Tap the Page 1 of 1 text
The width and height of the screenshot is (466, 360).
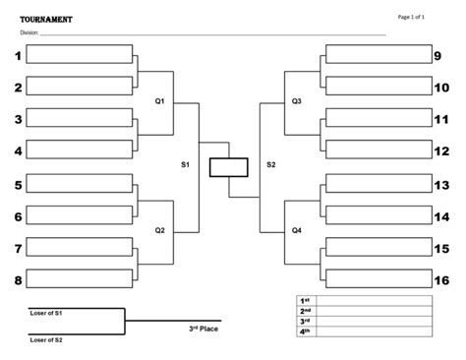[x=410, y=17]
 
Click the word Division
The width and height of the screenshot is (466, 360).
[x=28, y=32]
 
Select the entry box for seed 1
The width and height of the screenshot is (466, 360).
[x=79, y=55]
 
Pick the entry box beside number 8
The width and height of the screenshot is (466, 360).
[x=79, y=279]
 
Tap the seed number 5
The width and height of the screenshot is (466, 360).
[x=17, y=184]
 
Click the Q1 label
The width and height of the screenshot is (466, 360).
[x=160, y=101]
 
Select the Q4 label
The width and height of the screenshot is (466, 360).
[x=296, y=230]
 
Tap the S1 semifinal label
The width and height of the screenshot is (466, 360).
[x=185, y=165]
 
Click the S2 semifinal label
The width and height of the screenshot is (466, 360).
[x=270, y=165]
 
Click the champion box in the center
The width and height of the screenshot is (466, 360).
[x=228, y=167]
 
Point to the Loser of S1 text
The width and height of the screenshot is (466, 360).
[x=45, y=312]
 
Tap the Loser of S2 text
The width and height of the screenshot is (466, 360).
[x=45, y=339]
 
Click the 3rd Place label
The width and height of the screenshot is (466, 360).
[x=204, y=330]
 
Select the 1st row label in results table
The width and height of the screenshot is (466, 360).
[x=305, y=299]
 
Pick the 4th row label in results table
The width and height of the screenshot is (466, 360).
[x=305, y=331]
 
